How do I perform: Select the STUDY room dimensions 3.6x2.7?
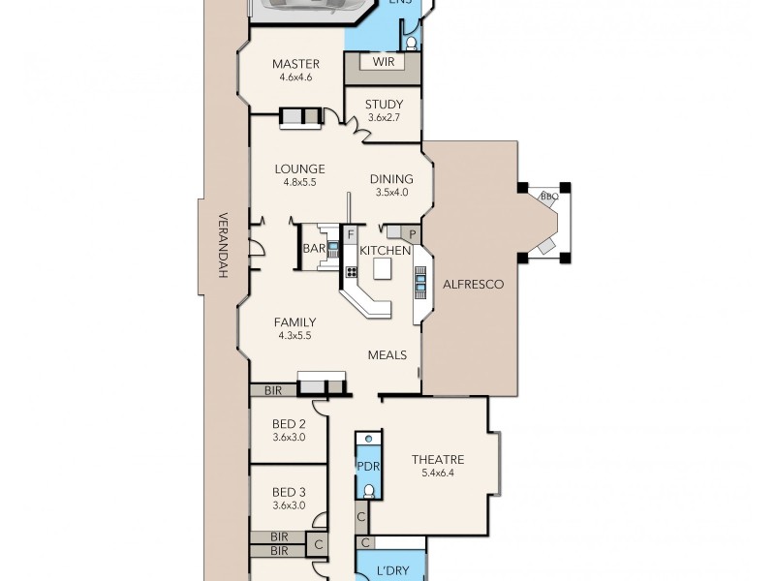coord(383,118)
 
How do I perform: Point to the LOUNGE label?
coord(298,168)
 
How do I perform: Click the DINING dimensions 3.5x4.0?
coord(392,192)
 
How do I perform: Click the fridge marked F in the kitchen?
coord(352,234)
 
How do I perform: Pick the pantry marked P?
coord(411,234)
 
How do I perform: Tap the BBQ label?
coord(548,197)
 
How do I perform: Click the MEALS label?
coord(387,354)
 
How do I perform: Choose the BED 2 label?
coord(289,424)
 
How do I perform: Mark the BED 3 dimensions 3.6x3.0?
coord(289,505)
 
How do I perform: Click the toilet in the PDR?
coord(368,491)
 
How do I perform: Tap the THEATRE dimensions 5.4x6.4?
coord(437,474)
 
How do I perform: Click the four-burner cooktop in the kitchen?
coord(348,272)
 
